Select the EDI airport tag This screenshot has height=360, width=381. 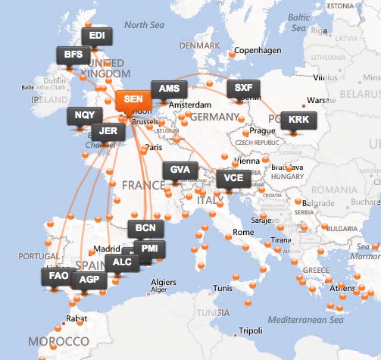click(x=96, y=36)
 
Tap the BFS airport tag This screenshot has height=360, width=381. click(x=73, y=55)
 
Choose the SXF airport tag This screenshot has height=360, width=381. click(x=243, y=87)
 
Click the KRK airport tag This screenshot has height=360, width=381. click(x=295, y=120)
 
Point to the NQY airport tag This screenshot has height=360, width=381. click(x=83, y=115)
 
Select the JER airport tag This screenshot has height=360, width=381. click(x=108, y=130)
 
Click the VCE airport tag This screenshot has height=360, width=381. click(x=232, y=179)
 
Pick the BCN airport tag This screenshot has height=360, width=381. click(x=143, y=227)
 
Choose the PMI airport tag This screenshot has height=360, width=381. click(x=150, y=247)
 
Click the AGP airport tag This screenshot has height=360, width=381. click(x=89, y=280)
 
